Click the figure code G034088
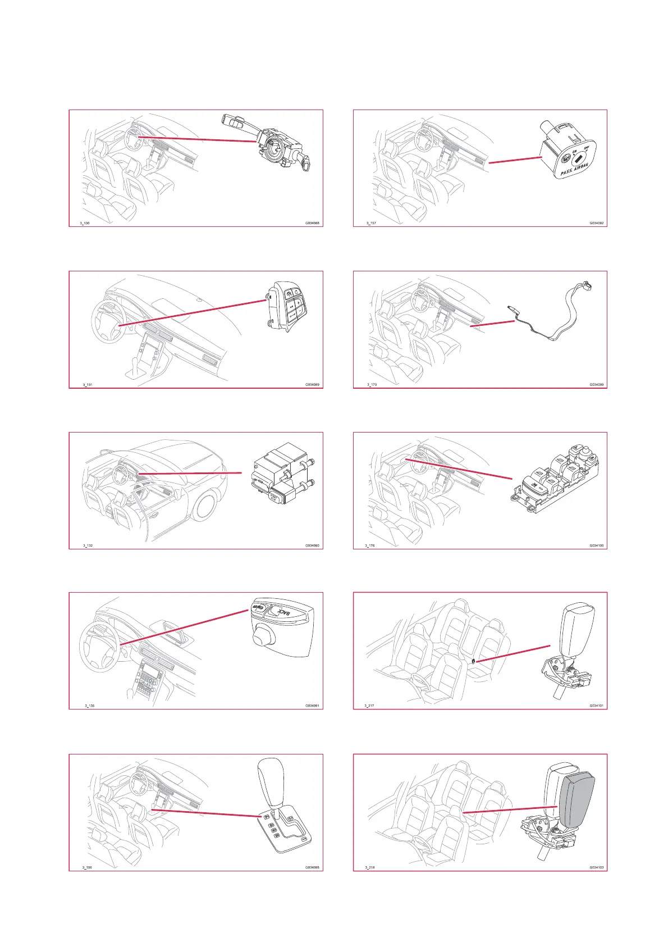pos(312,223)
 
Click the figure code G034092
pos(596,223)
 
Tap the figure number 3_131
pos(88,385)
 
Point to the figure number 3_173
pos(372,385)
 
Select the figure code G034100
pos(596,545)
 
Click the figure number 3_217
pos(369,706)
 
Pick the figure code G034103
pos(596,867)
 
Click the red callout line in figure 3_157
pos(515,160)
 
